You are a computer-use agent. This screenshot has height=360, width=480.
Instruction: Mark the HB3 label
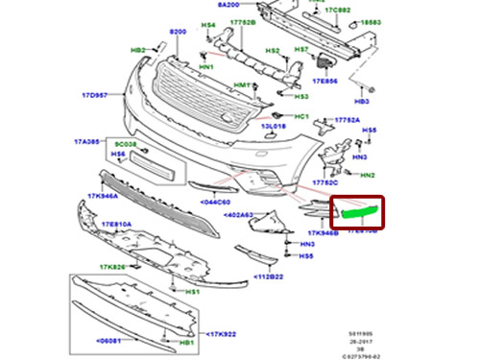click(362, 100)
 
